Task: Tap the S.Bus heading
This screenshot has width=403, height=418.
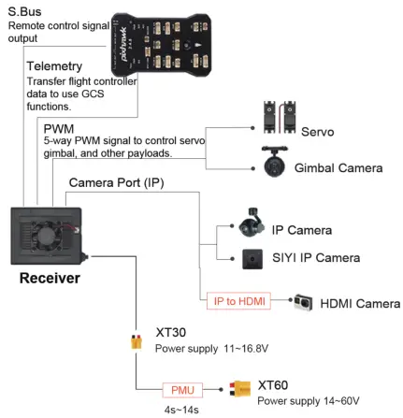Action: tap(25, 11)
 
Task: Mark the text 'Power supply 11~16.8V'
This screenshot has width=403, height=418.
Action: tap(211, 350)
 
